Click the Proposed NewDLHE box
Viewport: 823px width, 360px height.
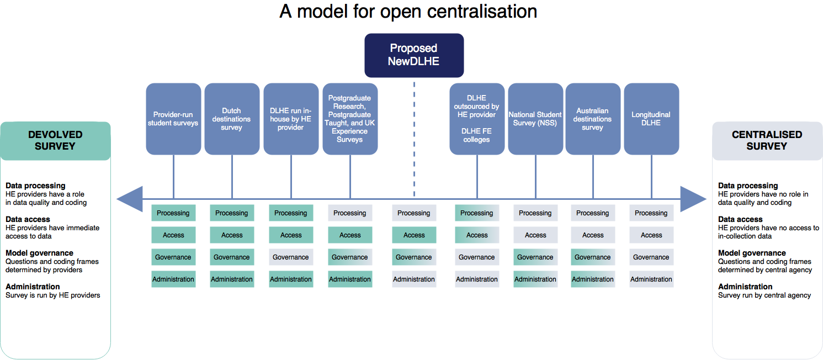pyautogui.click(x=413, y=55)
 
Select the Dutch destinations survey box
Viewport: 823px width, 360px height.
pyautogui.click(x=232, y=119)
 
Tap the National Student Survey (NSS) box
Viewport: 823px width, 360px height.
pyautogui.click(x=535, y=119)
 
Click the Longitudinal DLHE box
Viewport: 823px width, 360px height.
pyautogui.click(x=651, y=119)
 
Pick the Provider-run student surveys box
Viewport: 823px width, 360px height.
pyautogui.click(x=173, y=119)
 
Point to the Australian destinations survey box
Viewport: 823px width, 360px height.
pyautogui.click(x=593, y=119)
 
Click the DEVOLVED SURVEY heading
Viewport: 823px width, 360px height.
pyautogui.click(x=55, y=140)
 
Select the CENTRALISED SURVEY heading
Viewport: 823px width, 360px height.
pyautogui.click(x=767, y=140)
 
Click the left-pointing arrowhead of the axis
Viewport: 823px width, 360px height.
pyautogui.click(x=130, y=199)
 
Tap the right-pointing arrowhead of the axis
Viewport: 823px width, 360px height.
pyautogui.click(x=693, y=199)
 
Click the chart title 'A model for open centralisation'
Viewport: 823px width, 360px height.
pyautogui.click(x=408, y=12)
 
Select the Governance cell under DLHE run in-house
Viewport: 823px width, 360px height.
pyautogui.click(x=291, y=257)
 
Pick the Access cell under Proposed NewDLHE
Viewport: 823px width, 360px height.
pyautogui.click(x=414, y=235)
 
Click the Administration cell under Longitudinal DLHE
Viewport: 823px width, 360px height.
pyautogui.click(x=651, y=279)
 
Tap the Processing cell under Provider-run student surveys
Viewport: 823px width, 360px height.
pyautogui.click(x=173, y=213)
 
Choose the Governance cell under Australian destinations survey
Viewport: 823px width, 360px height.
pyautogui.click(x=593, y=257)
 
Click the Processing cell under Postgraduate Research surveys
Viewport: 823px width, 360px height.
pyautogui.click(x=350, y=213)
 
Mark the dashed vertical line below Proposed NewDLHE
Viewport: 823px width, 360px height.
pyautogui.click(x=414, y=138)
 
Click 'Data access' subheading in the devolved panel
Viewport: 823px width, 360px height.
pyautogui.click(x=28, y=219)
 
